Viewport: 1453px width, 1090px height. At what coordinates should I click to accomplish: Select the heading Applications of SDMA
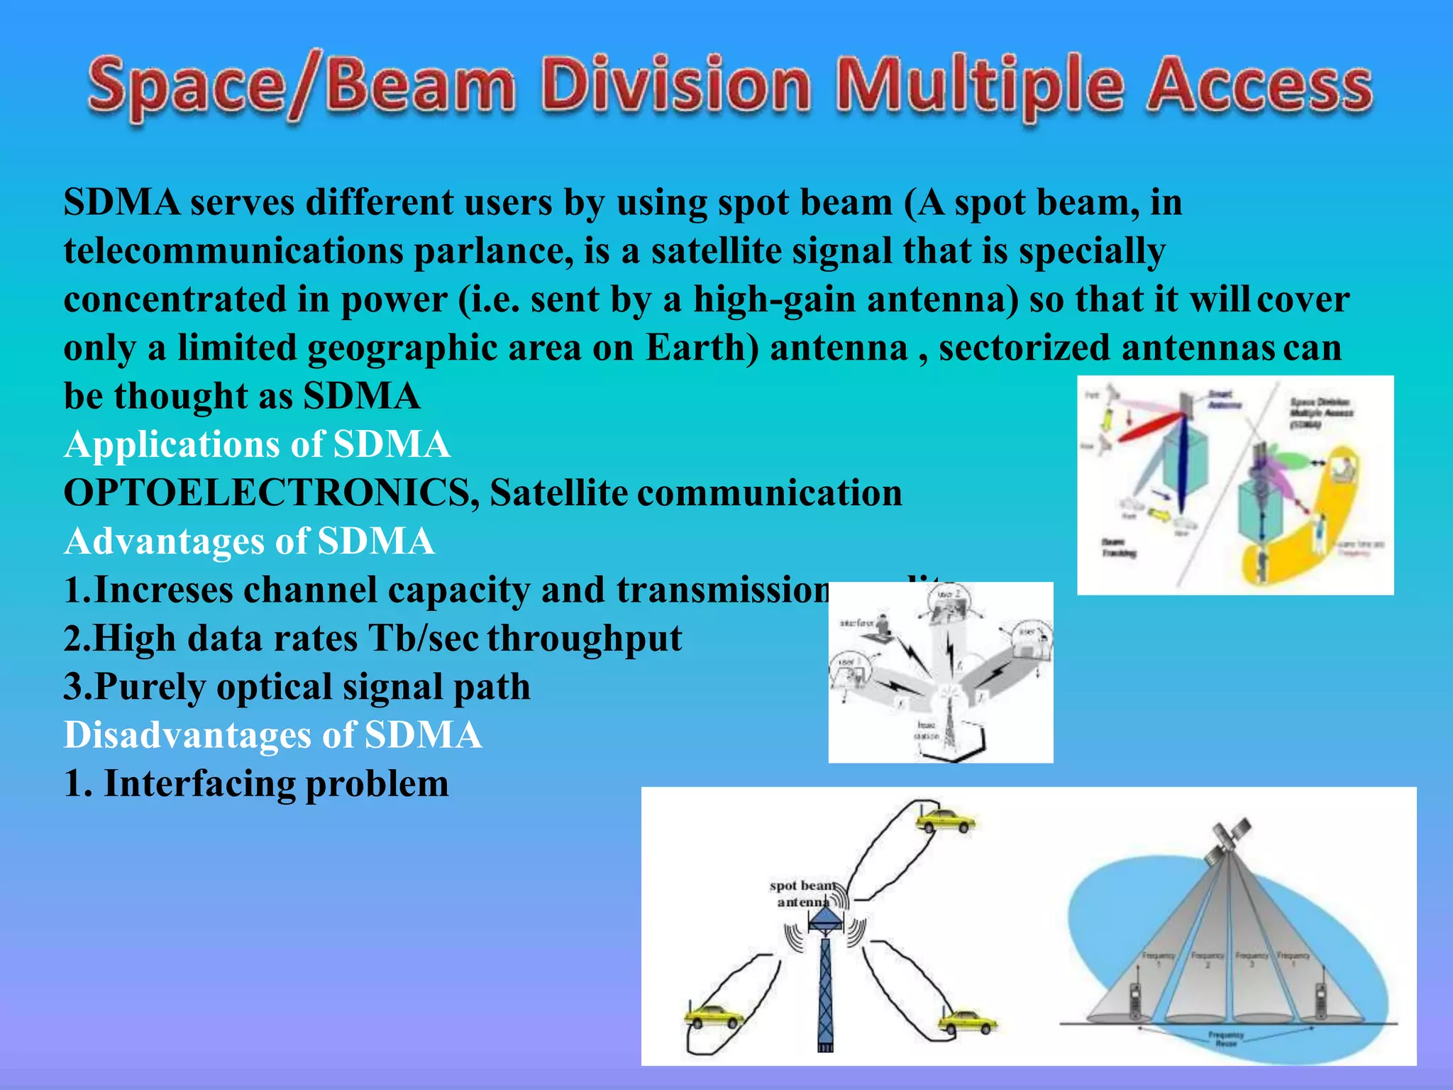coord(257,445)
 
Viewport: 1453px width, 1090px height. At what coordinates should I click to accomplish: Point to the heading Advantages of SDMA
coord(249,541)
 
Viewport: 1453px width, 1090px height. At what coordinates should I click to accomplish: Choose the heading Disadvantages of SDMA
coord(273,735)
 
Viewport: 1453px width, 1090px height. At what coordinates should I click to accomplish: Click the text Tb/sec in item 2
coord(423,639)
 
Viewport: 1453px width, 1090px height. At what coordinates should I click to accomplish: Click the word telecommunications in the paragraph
coord(233,251)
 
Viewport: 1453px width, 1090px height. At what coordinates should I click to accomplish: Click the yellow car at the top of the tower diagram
coord(946,821)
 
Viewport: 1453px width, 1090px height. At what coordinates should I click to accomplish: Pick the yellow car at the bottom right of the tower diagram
coord(967,1022)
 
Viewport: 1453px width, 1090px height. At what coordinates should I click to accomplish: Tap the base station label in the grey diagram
coord(927,731)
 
